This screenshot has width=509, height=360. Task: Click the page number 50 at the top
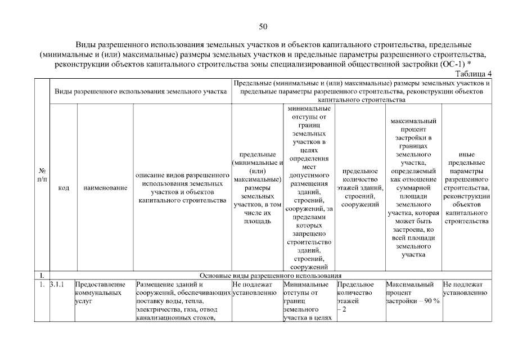click(x=263, y=26)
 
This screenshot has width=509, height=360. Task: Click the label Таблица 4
click(x=473, y=74)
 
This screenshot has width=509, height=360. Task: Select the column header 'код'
click(x=63, y=188)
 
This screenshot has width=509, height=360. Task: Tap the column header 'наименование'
click(x=105, y=188)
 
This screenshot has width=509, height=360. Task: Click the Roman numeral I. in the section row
click(x=42, y=276)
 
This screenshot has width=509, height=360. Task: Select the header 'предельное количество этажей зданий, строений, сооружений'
click(x=359, y=188)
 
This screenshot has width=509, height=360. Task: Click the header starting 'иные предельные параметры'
click(x=466, y=188)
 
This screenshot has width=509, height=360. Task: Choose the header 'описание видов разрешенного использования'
click(x=182, y=188)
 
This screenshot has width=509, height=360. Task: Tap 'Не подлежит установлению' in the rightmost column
click(x=465, y=289)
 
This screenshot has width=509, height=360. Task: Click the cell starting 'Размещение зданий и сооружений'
click(x=182, y=301)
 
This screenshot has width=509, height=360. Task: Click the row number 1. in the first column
click(x=42, y=285)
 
